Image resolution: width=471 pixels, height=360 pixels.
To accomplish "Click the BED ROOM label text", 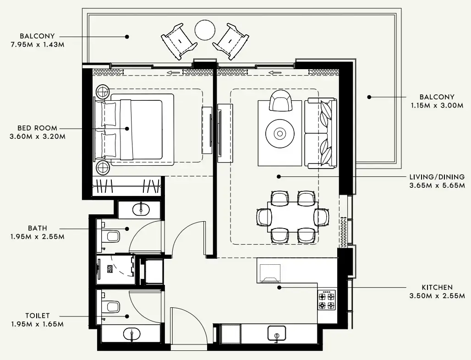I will pos(38,128).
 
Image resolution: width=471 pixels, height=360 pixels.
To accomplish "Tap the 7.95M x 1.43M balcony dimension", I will pos(37,45).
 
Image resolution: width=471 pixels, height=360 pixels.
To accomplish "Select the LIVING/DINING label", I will pos(437,177).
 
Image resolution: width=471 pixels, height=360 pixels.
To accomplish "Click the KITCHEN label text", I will pos(437,287).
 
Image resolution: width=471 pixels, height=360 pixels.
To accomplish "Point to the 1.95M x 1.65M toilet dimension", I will pos(37,324).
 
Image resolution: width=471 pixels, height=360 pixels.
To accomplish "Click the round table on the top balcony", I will pos(205,31).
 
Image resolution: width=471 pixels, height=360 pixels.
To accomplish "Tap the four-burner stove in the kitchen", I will pos(327,300).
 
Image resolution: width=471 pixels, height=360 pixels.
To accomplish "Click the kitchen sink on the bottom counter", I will pos(276,333).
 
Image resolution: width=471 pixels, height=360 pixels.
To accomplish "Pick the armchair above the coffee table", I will pos(280,101).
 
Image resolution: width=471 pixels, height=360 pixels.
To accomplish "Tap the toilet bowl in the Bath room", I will pos(111,237).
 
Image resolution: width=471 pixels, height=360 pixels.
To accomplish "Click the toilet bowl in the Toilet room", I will pos(111,305).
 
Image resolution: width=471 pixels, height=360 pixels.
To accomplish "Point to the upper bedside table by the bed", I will pos(102,92).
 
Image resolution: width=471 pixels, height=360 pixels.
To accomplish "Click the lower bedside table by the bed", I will pos(102,168).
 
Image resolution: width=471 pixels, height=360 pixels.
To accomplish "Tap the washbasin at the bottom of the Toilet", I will pos(131,334).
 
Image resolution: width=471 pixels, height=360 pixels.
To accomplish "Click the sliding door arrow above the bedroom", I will pos(173,72).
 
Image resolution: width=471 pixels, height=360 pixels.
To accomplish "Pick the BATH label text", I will pos(38,228).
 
